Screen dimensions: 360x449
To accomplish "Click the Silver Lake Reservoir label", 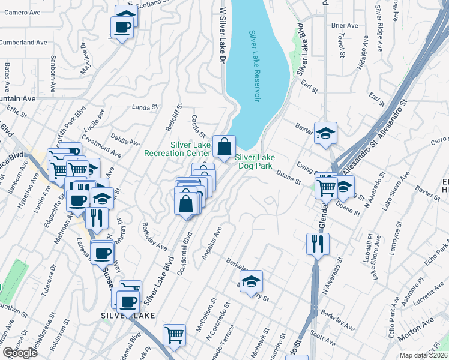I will [x=255, y=66].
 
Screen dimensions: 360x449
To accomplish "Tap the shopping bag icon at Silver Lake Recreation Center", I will [x=223, y=146].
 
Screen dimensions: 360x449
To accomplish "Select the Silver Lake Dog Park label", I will [x=254, y=161].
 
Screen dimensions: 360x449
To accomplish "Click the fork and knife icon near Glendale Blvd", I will [x=317, y=244].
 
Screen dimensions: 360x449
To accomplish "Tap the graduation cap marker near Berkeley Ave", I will [x=252, y=280].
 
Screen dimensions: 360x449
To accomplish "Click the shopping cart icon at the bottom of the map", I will [x=174, y=335].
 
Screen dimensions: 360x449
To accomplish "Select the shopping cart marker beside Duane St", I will [x=326, y=186].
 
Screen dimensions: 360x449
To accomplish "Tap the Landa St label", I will [x=143, y=107].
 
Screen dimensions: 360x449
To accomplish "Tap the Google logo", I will [x=20, y=353].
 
